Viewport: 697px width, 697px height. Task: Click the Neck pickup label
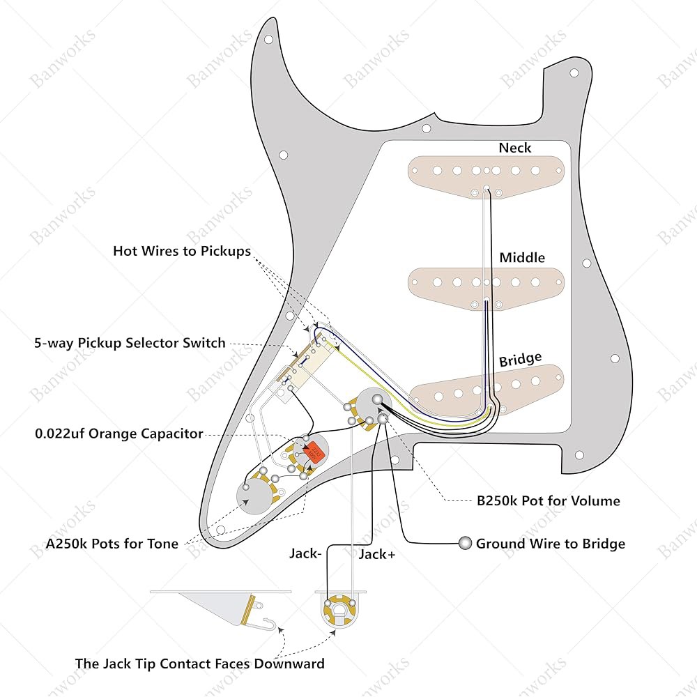515,148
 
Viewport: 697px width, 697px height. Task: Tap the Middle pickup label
522,257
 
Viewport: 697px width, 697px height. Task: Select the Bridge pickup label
520,359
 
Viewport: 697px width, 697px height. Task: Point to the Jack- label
305,553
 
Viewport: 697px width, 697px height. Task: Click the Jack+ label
377,554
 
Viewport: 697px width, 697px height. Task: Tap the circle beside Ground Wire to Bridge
465,543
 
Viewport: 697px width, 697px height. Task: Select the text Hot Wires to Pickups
182,251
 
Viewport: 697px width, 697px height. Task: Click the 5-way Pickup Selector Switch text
130,343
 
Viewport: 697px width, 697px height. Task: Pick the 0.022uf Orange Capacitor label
119,434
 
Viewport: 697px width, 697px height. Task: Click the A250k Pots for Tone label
112,544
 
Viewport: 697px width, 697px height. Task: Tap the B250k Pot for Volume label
548,501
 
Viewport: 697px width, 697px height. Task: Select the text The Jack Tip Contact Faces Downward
199,664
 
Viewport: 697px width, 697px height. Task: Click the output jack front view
340,611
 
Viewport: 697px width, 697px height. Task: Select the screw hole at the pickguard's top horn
268,40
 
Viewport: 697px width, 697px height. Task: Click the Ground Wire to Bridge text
551,544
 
